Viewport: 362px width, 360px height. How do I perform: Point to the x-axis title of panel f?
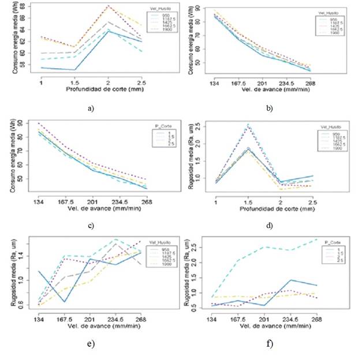click(270, 327)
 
